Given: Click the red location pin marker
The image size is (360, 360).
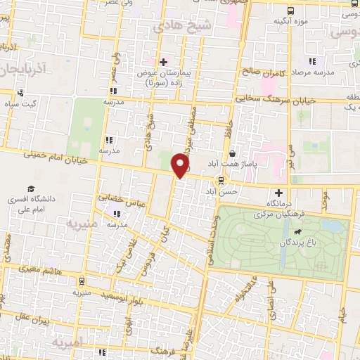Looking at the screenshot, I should click(181, 165).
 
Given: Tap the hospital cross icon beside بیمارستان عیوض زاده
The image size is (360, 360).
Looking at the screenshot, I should click(163, 63).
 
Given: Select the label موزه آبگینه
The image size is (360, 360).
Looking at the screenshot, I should click(292, 21).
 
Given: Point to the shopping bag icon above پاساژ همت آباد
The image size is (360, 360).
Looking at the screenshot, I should click(232, 153).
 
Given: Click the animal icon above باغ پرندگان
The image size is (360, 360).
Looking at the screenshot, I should click(298, 231).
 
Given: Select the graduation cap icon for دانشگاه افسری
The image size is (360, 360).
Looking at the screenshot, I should click(30, 188).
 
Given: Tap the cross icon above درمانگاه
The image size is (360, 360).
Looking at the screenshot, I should click(279, 192).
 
